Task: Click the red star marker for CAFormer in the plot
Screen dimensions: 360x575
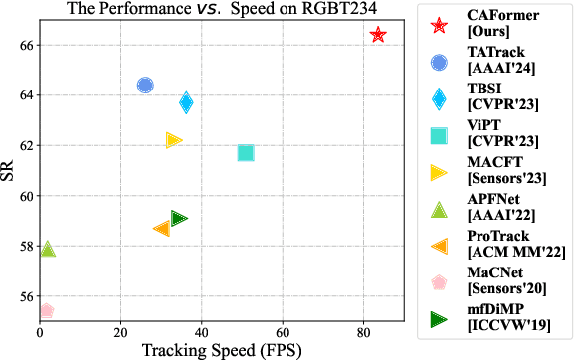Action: click(378, 35)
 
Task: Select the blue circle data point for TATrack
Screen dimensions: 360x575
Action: click(145, 86)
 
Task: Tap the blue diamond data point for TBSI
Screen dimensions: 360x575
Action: click(186, 102)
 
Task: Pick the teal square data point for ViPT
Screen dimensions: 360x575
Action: click(246, 153)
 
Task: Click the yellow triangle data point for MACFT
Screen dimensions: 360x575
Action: click(174, 140)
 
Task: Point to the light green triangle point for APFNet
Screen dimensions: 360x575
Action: click(47, 249)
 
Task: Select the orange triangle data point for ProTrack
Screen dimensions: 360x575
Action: click(162, 229)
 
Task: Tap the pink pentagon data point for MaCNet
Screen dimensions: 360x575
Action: click(45, 311)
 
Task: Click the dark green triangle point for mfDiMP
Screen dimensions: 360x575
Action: click(179, 218)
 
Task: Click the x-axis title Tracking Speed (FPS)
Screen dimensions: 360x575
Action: click(220, 349)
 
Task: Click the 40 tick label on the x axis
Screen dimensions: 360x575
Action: click(201, 331)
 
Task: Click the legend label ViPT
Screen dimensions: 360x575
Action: click(484, 126)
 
